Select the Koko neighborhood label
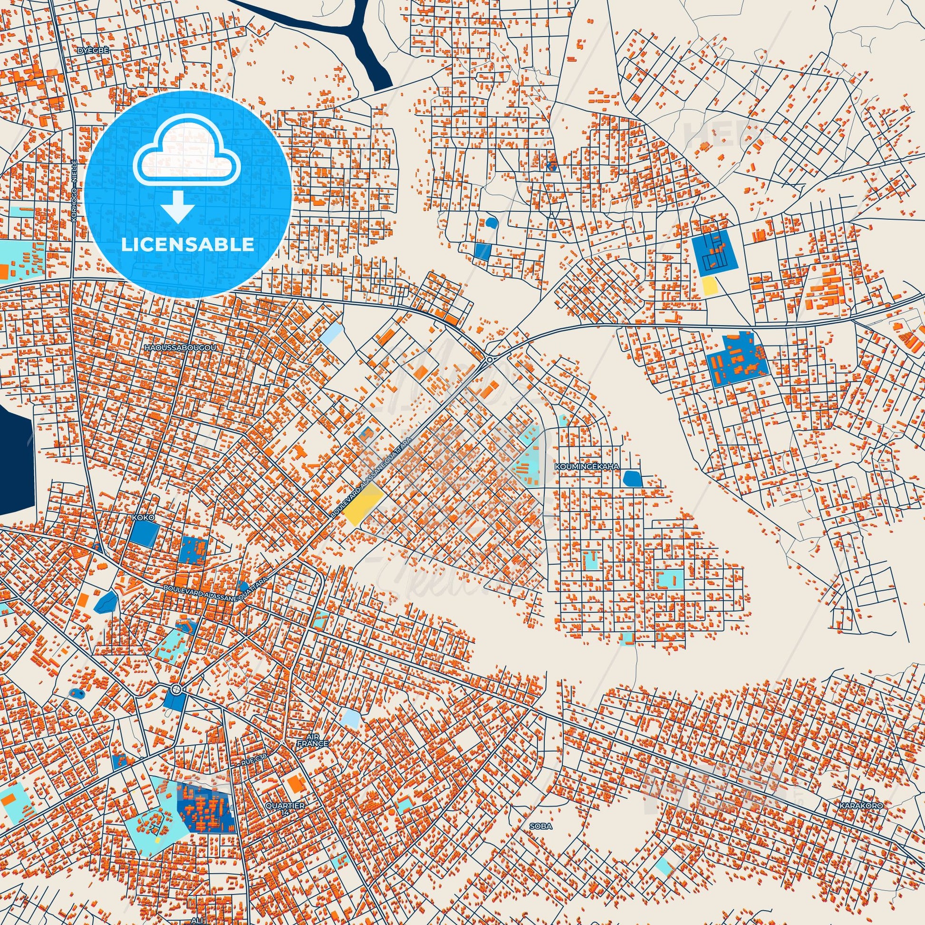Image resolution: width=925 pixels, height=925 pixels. coord(142,518)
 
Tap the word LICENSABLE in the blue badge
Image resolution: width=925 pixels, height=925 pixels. coord(188,245)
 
